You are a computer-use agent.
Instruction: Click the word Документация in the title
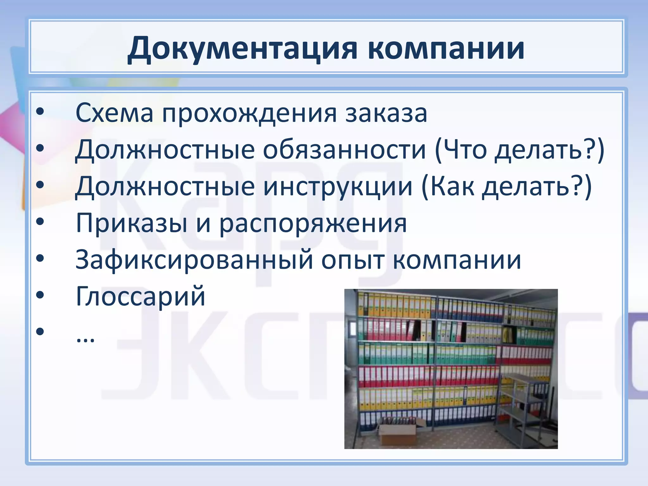click(242, 48)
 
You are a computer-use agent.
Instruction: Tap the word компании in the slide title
click(446, 48)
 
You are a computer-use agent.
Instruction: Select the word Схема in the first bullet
click(114, 113)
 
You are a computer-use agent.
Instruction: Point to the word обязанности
click(344, 150)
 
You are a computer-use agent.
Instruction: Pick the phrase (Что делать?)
click(519, 150)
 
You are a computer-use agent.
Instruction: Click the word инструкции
click(338, 186)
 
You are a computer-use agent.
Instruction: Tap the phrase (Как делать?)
click(506, 186)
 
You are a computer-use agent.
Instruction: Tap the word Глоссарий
click(140, 296)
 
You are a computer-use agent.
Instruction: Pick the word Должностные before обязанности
click(165, 150)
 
